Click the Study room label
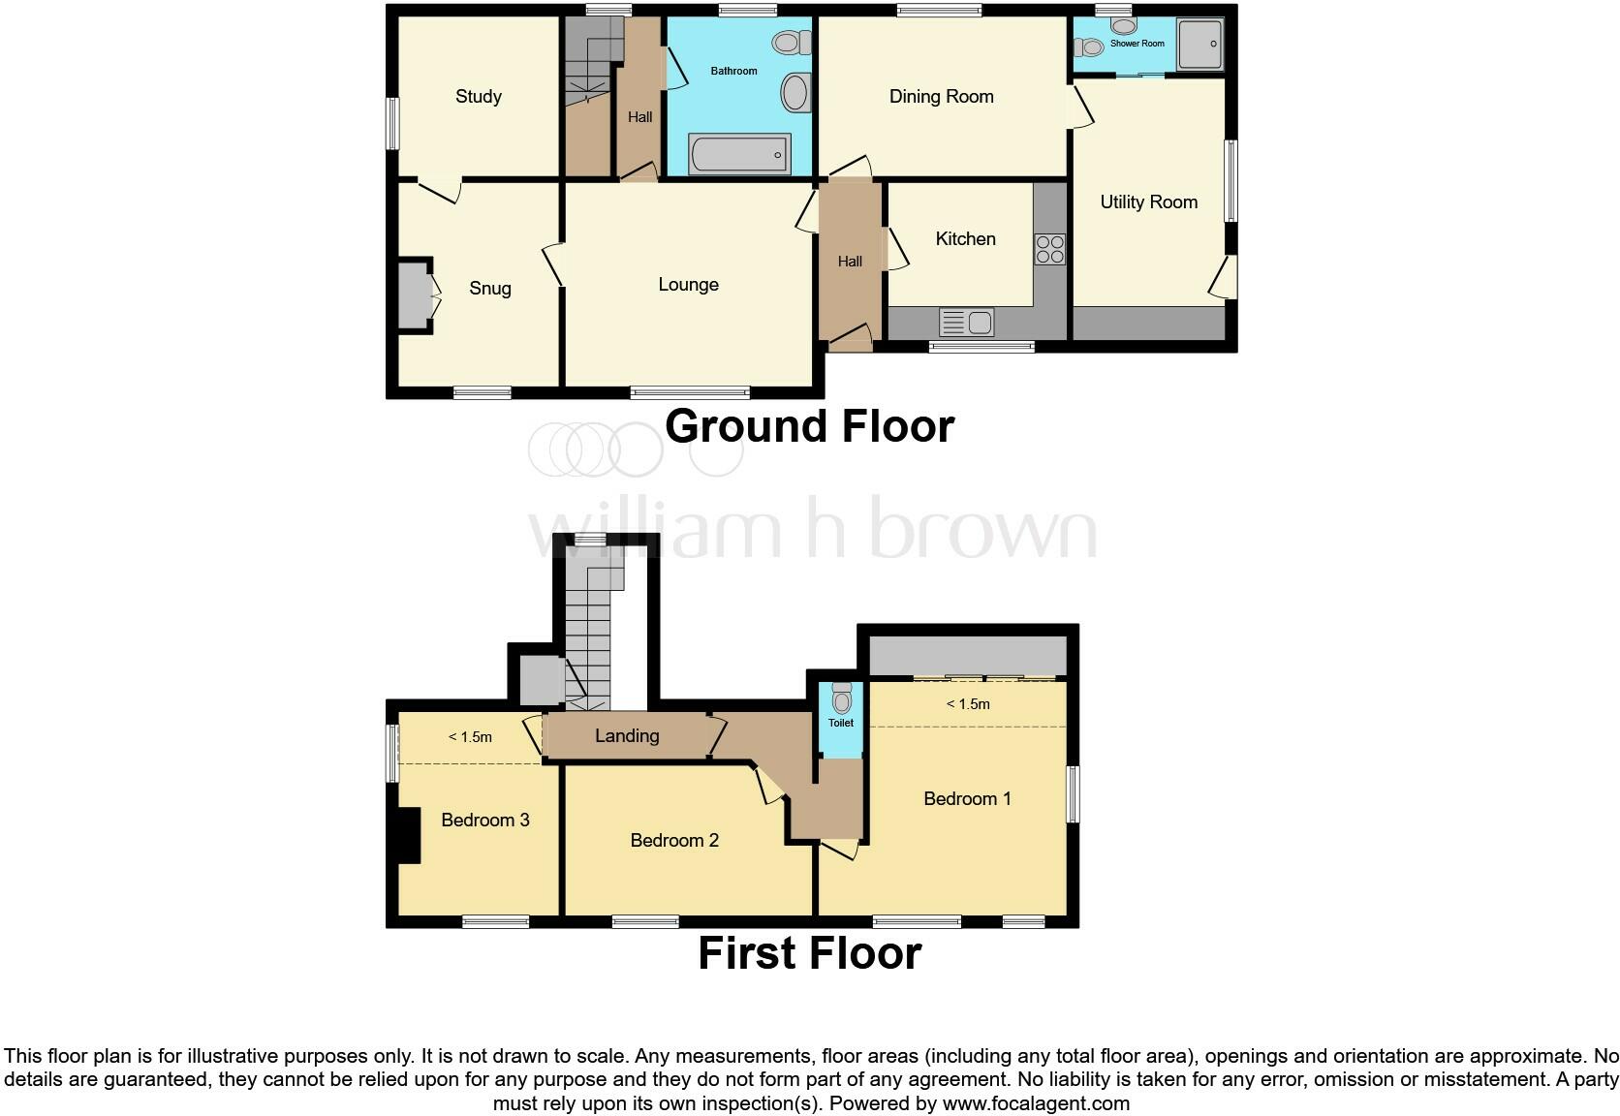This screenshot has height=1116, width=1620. [479, 96]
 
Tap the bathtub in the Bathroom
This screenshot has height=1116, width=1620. [739, 154]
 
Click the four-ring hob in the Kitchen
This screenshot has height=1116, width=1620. [1049, 249]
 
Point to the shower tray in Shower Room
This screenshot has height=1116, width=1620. [1199, 44]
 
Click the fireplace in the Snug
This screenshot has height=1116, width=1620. [414, 294]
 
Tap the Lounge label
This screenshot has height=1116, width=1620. [688, 284]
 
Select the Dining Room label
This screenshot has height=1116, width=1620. [941, 96]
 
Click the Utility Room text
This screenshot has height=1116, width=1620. [1148, 201]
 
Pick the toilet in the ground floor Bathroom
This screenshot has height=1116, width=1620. [793, 43]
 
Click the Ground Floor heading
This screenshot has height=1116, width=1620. [809, 426]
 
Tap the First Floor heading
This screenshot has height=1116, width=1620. [809, 953]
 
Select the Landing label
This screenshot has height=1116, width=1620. [627, 735]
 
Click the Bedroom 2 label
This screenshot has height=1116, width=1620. [674, 840]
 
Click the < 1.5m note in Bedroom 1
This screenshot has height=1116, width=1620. [968, 704]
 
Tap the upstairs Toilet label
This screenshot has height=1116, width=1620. [841, 723]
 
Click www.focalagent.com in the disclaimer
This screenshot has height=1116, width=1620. [1036, 1102]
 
